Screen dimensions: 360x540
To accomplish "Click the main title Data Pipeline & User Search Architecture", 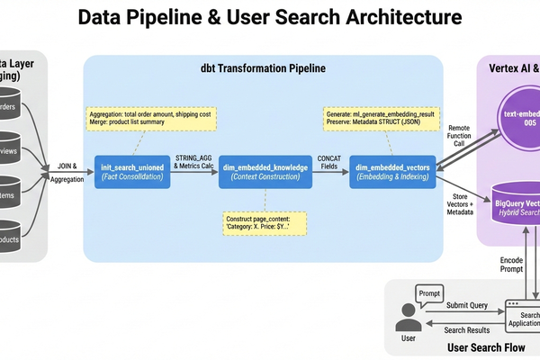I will coord(270,17).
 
